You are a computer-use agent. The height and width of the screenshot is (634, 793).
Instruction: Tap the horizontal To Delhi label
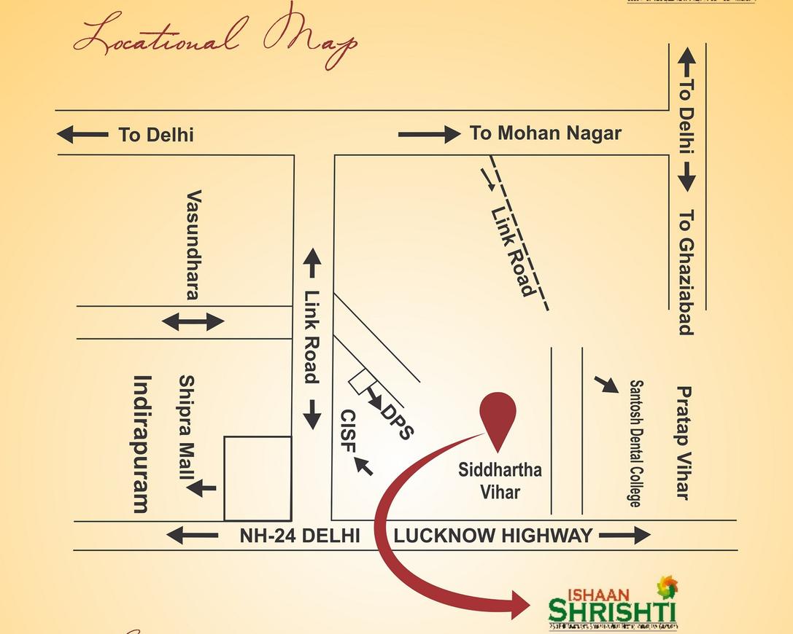click(155, 135)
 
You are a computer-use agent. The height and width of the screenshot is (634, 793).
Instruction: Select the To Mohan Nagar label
click(545, 133)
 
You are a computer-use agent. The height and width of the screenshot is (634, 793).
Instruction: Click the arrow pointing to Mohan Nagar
click(429, 134)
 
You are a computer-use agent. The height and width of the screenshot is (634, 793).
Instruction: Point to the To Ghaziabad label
click(686, 273)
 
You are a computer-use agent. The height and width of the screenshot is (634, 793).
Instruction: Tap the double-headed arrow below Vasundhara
click(193, 321)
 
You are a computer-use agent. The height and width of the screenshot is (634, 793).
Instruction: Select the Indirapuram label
click(142, 444)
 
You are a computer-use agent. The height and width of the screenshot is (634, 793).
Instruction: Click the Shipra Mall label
click(187, 427)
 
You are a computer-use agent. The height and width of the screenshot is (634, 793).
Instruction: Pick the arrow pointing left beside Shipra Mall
click(201, 488)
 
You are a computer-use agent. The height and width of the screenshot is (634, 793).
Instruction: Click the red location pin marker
click(498, 418)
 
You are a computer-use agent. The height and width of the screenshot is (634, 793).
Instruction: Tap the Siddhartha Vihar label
click(500, 480)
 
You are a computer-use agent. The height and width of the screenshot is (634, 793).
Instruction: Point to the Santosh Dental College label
click(636, 443)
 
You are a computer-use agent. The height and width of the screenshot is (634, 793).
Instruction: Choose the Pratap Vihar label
click(683, 442)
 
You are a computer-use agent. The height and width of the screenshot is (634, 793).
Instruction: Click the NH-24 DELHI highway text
click(300, 536)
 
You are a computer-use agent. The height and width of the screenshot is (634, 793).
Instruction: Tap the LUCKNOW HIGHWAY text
click(492, 536)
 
